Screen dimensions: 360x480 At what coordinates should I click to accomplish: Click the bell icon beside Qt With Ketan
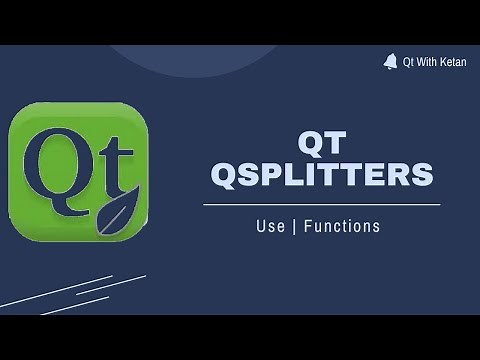(x=389, y=62)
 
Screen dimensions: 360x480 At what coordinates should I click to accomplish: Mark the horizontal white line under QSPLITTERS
(x=321, y=204)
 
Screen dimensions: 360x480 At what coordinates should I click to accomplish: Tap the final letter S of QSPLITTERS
(x=424, y=177)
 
